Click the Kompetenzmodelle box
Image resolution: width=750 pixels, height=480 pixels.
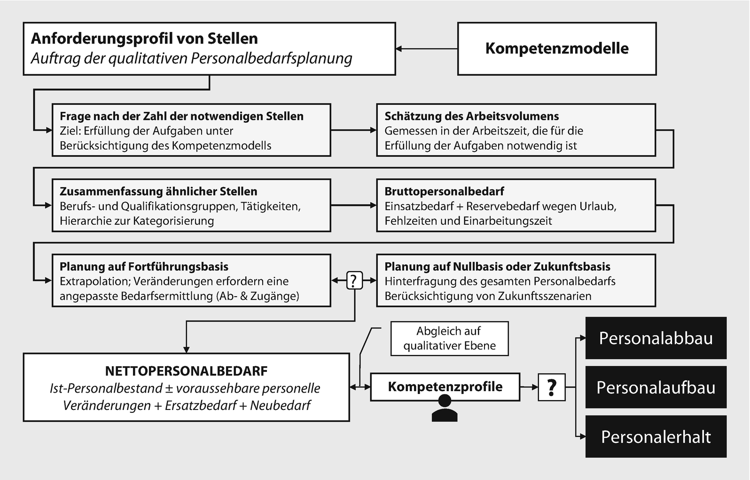pyautogui.click(x=557, y=48)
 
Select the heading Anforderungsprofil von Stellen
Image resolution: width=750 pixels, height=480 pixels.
pyautogui.click(x=144, y=39)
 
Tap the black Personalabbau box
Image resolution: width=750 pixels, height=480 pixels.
pyautogui.click(x=656, y=338)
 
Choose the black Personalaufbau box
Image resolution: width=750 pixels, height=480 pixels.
pyautogui.click(x=656, y=387)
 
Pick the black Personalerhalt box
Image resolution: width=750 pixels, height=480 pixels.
pyautogui.click(x=656, y=437)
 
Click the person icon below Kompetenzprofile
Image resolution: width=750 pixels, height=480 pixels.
pyautogui.click(x=444, y=408)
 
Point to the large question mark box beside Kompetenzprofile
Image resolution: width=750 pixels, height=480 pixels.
pyautogui.click(x=551, y=387)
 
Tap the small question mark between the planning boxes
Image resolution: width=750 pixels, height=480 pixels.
pyautogui.click(x=354, y=281)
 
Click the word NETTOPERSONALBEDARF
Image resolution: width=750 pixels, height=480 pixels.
pyautogui.click(x=186, y=371)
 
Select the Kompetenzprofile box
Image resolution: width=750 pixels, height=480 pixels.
pyautogui.click(x=445, y=387)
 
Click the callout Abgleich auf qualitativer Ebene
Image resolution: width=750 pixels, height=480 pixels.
pyautogui.click(x=449, y=338)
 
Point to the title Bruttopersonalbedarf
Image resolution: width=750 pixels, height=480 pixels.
pyautogui.click(x=444, y=191)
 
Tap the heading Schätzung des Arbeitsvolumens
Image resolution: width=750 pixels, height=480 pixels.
pyautogui.click(x=471, y=116)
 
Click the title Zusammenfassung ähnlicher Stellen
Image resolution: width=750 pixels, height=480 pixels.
pyautogui.click(x=158, y=191)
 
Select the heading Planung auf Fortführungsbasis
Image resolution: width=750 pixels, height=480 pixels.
pyautogui.click(x=144, y=267)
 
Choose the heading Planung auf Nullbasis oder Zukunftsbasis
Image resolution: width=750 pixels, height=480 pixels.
pyautogui.click(x=497, y=267)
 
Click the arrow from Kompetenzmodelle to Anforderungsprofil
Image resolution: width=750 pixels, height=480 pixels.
pyautogui.click(x=426, y=48)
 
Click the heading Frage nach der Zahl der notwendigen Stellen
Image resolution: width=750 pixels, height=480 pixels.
pyautogui.click(x=181, y=116)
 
